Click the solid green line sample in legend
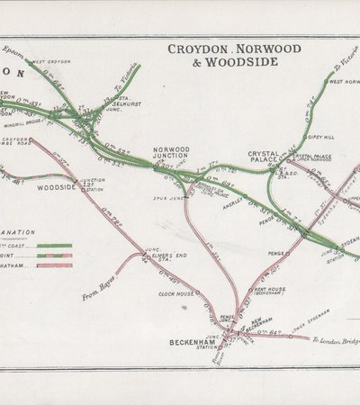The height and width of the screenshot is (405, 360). (55, 244)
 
